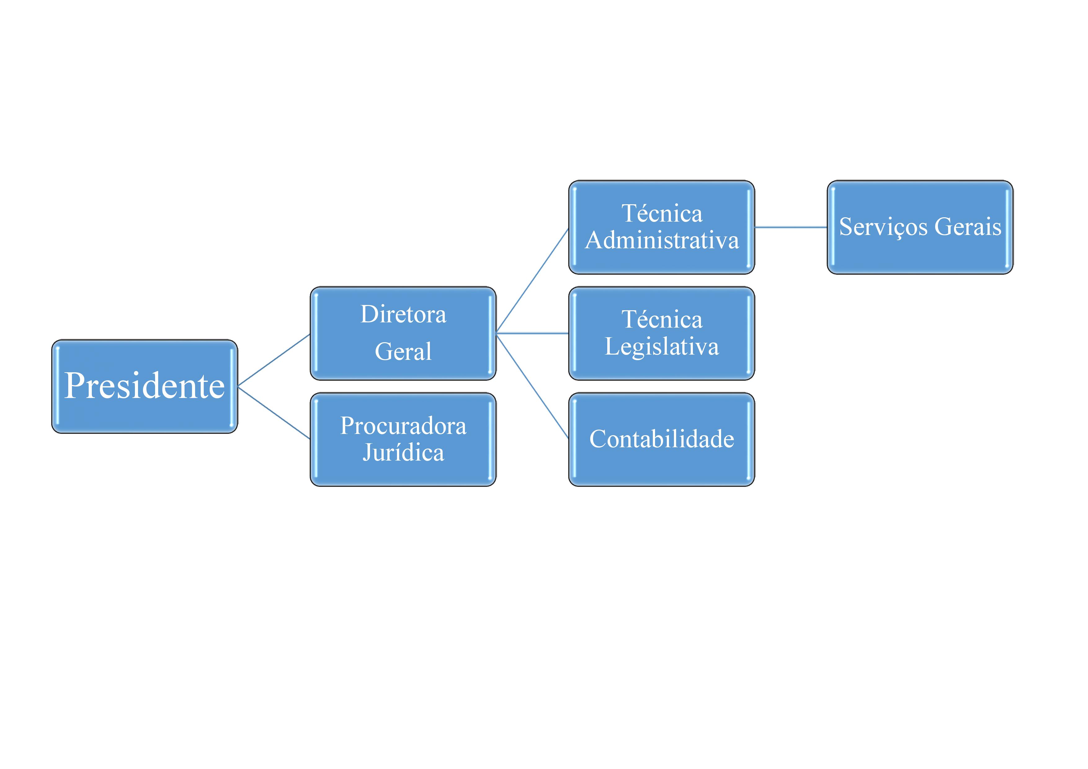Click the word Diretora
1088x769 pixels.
click(403, 314)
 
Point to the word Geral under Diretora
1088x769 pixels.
click(403, 351)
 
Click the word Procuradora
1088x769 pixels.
click(403, 426)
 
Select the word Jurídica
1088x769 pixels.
click(403, 452)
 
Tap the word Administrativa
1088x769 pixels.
click(662, 240)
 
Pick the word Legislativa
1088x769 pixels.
click(662, 347)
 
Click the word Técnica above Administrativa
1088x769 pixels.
click(662, 214)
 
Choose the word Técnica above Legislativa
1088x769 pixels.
click(662, 320)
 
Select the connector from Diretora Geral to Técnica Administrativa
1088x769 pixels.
click(532, 281)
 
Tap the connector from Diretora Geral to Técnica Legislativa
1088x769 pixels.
click(532, 334)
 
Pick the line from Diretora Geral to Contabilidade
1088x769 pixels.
click(532, 386)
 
